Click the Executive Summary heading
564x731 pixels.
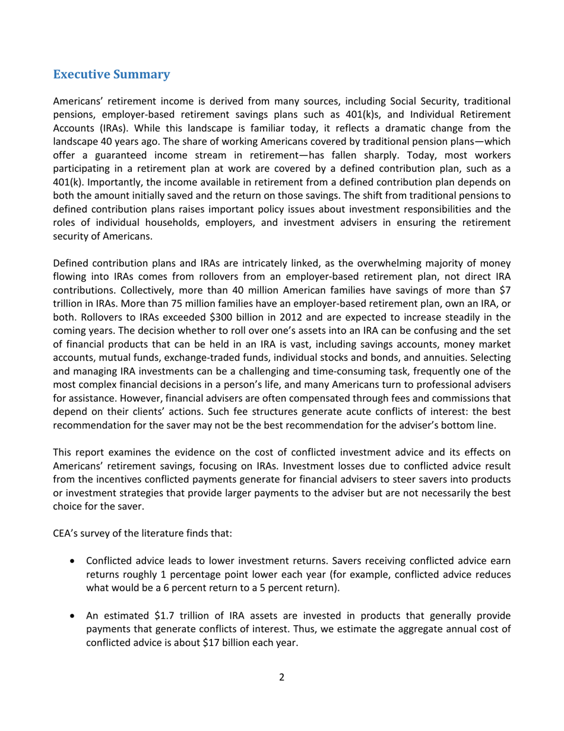click(112, 75)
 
